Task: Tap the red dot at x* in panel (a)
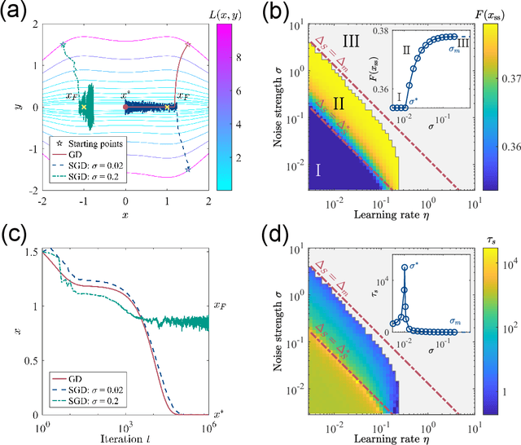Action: point(125,107)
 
